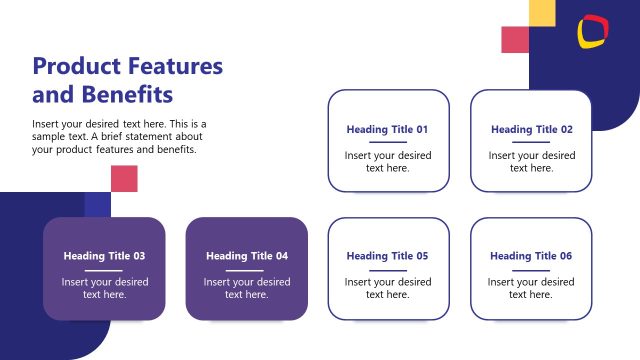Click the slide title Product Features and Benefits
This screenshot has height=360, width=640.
coord(127,80)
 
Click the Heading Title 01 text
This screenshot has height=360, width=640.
coord(388,129)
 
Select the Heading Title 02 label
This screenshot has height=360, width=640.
coord(531,129)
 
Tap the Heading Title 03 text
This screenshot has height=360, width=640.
coord(104,256)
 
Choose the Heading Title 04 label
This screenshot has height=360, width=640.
coord(246,256)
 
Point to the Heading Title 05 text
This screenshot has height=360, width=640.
coord(388,256)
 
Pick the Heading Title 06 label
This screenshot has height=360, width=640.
coord(531,256)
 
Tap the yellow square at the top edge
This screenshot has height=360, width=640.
coord(541,12)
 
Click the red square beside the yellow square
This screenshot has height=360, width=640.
coord(514,39)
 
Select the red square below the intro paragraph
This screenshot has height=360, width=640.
coord(124,178)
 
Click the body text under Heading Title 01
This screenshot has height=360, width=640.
coord(388,162)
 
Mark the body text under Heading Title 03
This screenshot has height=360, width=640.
coord(104,288)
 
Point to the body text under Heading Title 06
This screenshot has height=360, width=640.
coord(531,288)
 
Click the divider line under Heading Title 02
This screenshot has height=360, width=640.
coord(531,143)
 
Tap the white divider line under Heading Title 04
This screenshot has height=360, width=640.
coord(246,270)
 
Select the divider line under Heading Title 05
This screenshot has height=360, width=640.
coord(388,270)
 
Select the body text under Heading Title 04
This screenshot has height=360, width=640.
coord(246,288)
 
